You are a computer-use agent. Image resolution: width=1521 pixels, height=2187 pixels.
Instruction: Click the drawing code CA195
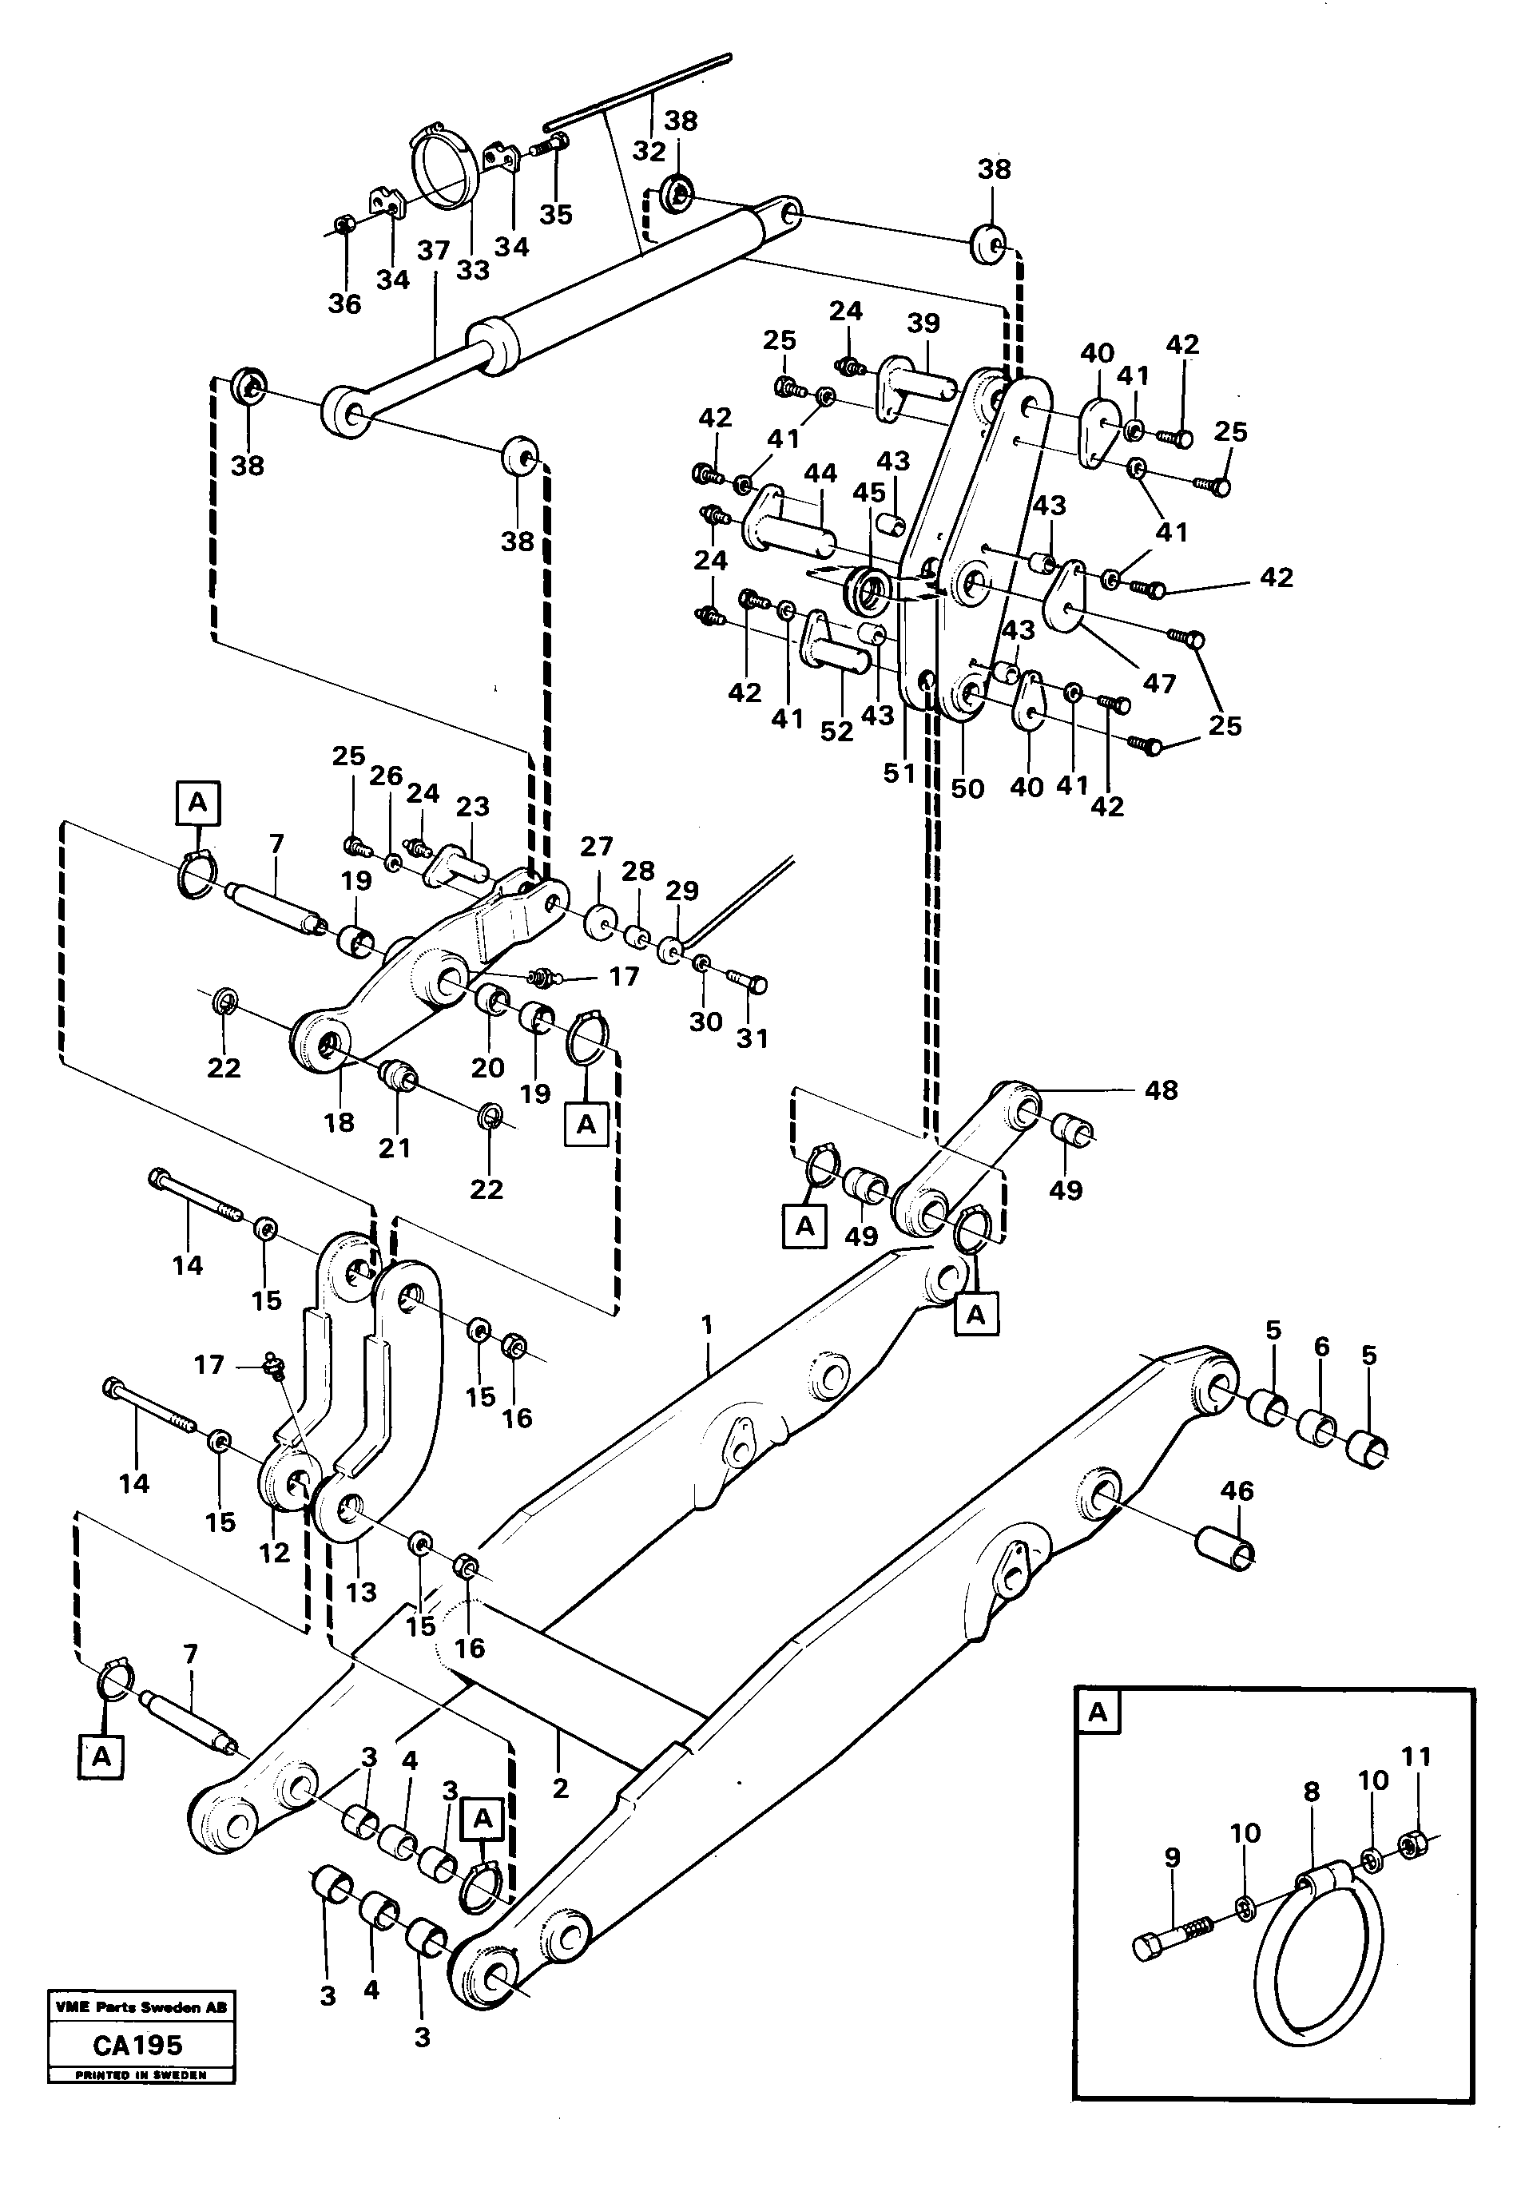[138, 2044]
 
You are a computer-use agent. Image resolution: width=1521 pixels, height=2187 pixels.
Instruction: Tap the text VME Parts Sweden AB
[141, 2007]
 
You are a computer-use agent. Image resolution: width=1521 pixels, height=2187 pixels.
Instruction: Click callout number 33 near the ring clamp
[472, 271]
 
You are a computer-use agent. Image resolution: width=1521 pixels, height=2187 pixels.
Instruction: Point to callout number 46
[1237, 1490]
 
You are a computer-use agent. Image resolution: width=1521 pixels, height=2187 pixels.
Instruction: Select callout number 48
[1161, 1090]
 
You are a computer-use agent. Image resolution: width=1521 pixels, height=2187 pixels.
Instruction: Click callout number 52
[836, 731]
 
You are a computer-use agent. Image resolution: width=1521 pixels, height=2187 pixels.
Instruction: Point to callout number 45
[868, 494]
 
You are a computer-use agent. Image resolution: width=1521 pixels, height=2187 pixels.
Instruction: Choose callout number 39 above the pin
[923, 323]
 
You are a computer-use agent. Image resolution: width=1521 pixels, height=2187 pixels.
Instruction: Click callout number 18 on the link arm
[339, 1122]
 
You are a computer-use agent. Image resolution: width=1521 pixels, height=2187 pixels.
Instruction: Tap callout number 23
[472, 807]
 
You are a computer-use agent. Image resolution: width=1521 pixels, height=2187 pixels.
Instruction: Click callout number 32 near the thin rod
[649, 152]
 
